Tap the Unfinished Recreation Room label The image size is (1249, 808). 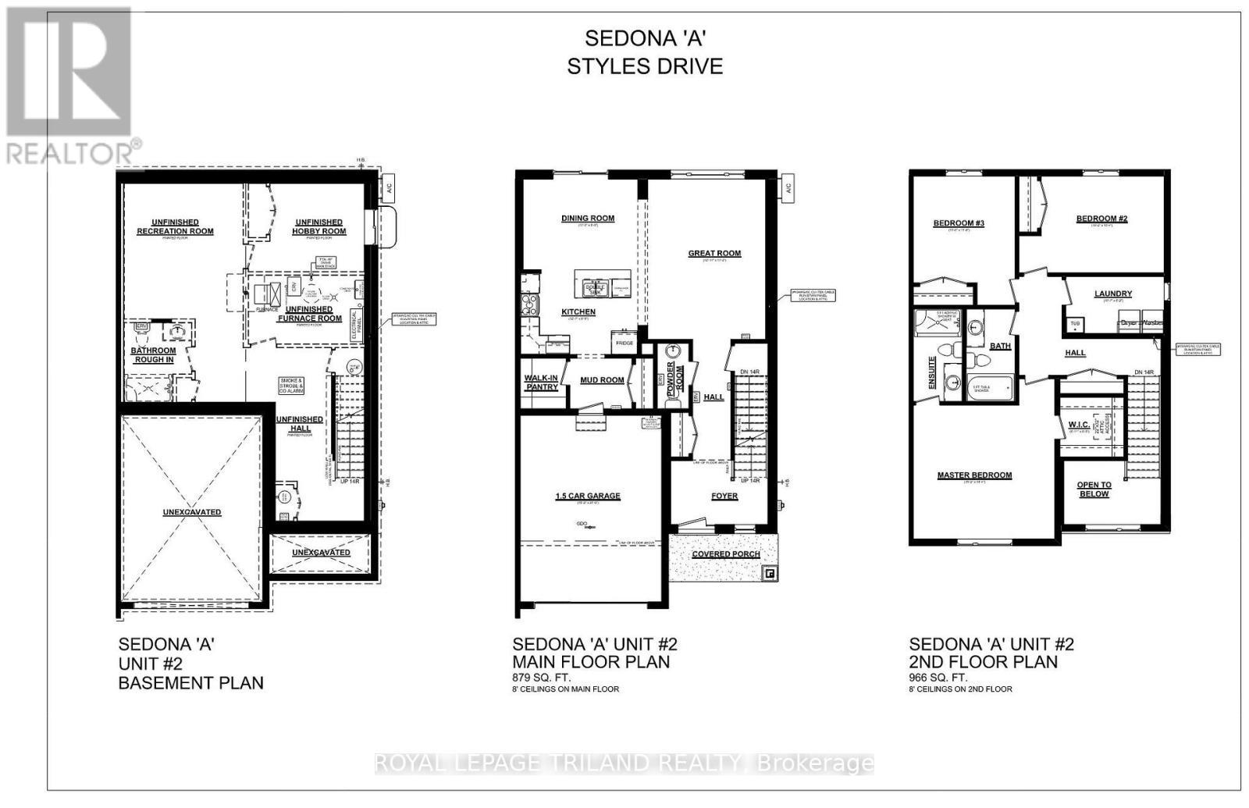175,226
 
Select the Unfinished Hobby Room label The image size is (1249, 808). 318,226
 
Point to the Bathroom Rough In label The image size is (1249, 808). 153,354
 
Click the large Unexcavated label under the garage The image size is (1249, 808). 192,512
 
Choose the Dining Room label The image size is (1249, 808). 587,219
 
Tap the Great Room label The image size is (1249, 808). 714,253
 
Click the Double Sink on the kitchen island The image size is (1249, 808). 595,287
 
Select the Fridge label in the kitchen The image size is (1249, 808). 624,343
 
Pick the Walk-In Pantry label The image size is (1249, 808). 541,383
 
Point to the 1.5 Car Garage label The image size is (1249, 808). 587,496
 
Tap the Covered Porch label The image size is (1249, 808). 726,554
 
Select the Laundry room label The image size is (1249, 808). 1112,294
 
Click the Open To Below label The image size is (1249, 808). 1094,489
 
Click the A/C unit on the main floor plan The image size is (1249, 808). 788,188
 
